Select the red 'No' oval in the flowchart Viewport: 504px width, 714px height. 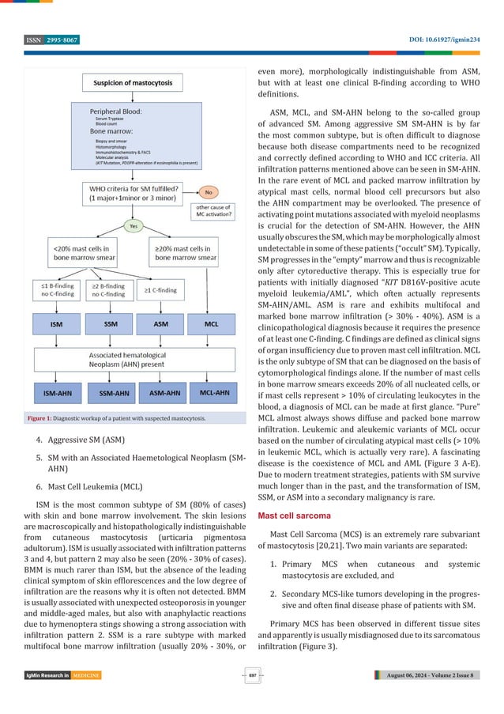(x=209, y=191)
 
